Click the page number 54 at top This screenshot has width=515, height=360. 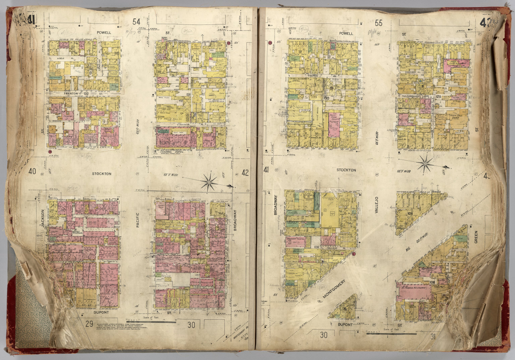(136, 22)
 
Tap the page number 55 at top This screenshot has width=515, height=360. (379, 23)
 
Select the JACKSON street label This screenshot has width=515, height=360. (43, 219)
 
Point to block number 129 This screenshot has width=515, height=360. (438, 97)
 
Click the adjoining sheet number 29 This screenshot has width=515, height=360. (89, 324)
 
